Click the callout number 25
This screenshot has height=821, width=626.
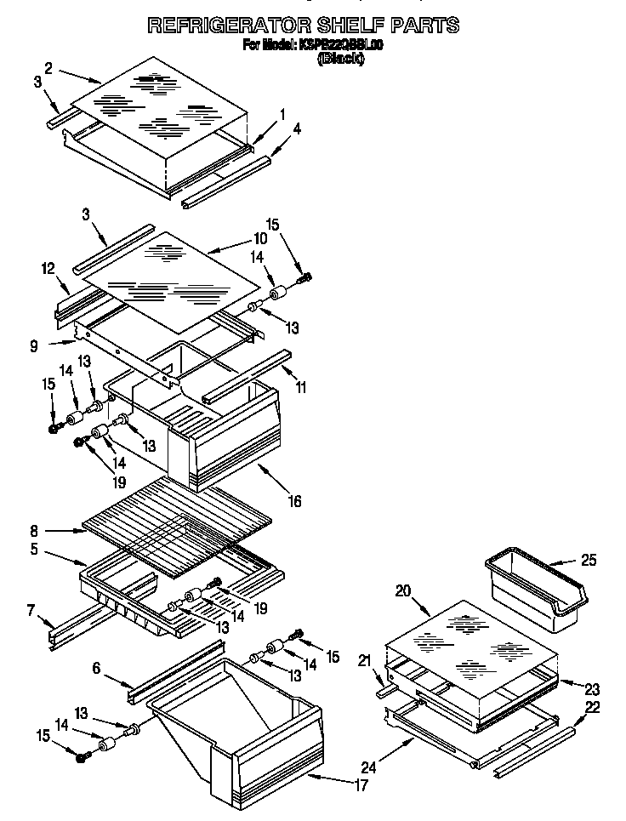coord(588,560)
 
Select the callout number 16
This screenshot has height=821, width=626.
coord(294,501)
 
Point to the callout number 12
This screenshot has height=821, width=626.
coord(48,268)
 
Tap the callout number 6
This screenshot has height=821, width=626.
coord(97,670)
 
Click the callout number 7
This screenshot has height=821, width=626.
coord(31,610)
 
